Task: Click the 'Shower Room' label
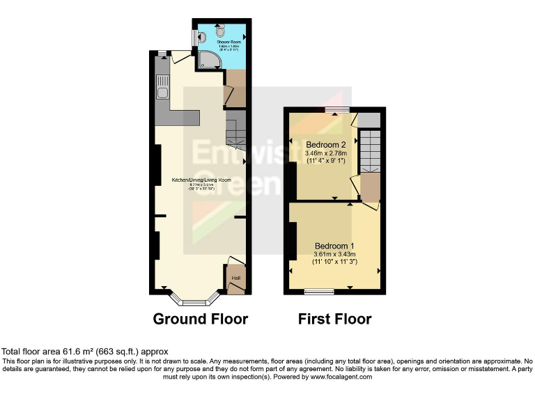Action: [x=222, y=42]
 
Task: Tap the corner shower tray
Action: [x=207, y=61]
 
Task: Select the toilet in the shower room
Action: [x=221, y=30]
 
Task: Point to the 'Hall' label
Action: [x=235, y=278]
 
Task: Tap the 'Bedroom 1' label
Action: [x=334, y=246]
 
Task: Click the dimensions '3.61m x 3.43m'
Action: [x=334, y=254]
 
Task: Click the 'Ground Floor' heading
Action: [x=201, y=320]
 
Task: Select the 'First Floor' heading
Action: [x=334, y=320]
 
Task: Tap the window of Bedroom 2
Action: [x=337, y=109]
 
